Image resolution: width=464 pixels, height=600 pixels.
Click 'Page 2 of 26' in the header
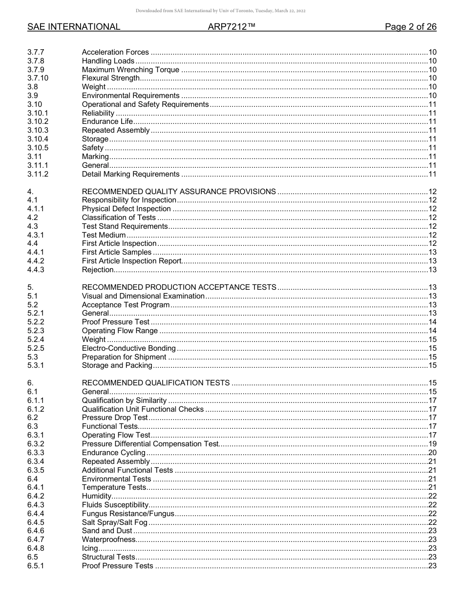coord(410,27)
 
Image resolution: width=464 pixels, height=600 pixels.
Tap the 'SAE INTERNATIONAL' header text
coord(74,27)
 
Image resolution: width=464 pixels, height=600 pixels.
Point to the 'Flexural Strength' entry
coord(111,78)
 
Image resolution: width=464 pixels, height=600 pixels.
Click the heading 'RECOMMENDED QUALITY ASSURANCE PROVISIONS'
coord(179,192)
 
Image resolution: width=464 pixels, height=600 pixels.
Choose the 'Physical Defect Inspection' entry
coord(126,209)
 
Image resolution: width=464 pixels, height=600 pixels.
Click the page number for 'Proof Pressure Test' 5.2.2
coord(432,322)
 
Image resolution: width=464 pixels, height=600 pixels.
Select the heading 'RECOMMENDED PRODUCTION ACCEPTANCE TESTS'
coord(179,287)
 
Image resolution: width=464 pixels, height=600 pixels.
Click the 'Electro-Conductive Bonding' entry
coord(128,348)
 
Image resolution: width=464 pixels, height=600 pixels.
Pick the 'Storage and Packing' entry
coord(117,365)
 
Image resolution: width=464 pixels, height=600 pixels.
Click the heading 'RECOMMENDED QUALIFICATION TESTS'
coord(156,383)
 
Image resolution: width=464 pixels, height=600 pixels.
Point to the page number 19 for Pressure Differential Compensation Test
coord(432,444)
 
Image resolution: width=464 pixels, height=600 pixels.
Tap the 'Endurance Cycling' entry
coord(113,453)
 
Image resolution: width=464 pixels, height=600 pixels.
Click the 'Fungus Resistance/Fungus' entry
coord(127,514)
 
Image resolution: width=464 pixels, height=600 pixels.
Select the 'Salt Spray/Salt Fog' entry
coord(114,522)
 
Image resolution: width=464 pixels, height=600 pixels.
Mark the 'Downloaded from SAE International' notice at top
coord(220,11)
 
